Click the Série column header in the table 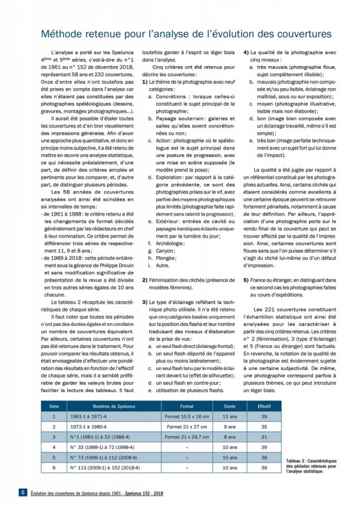pyautogui.click(x=54, y=406)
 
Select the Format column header pyautogui.click(x=187, y=406)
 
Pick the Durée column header pyautogui.click(x=229, y=406)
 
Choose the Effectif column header pyautogui.click(x=264, y=406)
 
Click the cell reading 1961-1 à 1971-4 pyautogui.click(x=89, y=416)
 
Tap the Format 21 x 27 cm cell pyautogui.click(x=187, y=427)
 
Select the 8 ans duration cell pyautogui.click(x=229, y=437)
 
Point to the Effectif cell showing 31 pyautogui.click(x=264, y=437)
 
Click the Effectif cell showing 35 pyautogui.click(x=264, y=427)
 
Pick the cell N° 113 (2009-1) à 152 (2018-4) pyautogui.click(x=106, y=468)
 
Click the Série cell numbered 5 pyautogui.click(x=54, y=458)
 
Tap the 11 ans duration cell pyautogui.click(x=229, y=416)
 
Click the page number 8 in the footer pyautogui.click(x=22, y=493)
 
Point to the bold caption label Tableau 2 pyautogui.click(x=298, y=461)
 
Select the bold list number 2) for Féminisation pyautogui.click(x=145, y=281)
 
